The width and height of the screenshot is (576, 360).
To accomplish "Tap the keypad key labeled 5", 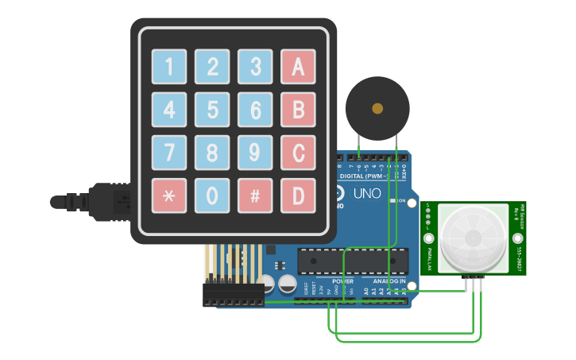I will (212, 110).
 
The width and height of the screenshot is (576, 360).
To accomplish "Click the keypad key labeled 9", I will (255, 153).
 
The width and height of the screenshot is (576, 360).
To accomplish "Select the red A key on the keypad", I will (298, 67).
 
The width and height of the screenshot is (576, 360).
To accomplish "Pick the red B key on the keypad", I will (298, 110).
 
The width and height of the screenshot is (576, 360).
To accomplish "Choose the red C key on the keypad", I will (298, 153).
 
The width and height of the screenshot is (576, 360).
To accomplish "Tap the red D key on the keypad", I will (298, 195).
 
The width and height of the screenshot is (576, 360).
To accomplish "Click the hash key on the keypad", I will (255, 195).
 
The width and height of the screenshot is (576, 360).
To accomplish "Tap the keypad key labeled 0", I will (212, 195).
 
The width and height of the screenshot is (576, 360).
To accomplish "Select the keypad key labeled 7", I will (169, 153).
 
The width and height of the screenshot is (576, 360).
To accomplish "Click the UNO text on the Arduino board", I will (366, 193).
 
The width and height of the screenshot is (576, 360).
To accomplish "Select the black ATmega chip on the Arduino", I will (353, 260).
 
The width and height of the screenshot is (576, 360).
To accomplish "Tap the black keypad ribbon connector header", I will (233, 294).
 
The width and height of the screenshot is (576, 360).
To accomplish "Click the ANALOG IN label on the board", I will (390, 281).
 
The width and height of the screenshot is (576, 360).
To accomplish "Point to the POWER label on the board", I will (342, 281).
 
